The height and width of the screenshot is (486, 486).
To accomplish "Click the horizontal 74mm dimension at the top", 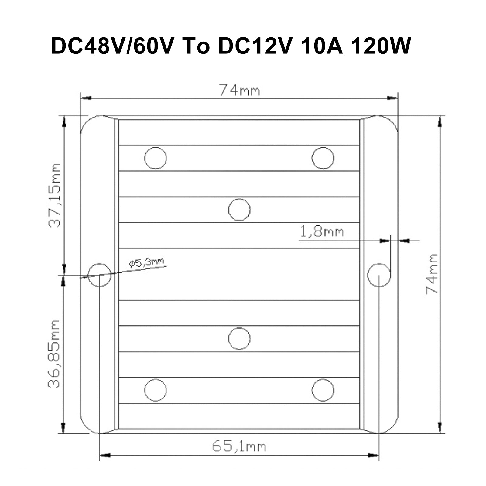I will pyautogui.click(x=239, y=91).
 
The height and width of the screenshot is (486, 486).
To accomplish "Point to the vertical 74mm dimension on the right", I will pyautogui.click(x=432, y=274).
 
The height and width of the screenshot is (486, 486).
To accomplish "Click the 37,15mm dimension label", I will pyautogui.click(x=55, y=196).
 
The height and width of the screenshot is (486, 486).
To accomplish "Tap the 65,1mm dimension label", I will pyautogui.click(x=239, y=447).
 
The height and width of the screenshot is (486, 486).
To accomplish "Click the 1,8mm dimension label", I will pyautogui.click(x=322, y=232).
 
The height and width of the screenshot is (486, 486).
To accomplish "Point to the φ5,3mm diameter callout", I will pyautogui.click(x=146, y=262).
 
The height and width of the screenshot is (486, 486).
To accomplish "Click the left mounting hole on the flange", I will pyautogui.click(x=99, y=275).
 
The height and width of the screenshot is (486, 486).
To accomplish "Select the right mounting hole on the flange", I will pyautogui.click(x=379, y=275).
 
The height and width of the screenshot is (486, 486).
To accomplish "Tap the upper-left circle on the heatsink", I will pyautogui.click(x=156, y=158).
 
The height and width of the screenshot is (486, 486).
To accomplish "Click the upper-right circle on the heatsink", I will pyautogui.click(x=323, y=158).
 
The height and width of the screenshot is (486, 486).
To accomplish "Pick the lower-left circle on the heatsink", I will pyautogui.click(x=156, y=390).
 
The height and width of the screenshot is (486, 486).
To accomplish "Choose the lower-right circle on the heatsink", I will pyautogui.click(x=323, y=390).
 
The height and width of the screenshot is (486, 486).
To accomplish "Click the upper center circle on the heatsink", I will pyautogui.click(x=239, y=210).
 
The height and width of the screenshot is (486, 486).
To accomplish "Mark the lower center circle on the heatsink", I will pyautogui.click(x=239, y=338).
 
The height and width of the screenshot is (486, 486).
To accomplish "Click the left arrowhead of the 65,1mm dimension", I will pyautogui.click(x=104, y=455).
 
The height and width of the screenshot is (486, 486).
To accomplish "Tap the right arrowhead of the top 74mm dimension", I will pyautogui.click(x=393, y=98).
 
